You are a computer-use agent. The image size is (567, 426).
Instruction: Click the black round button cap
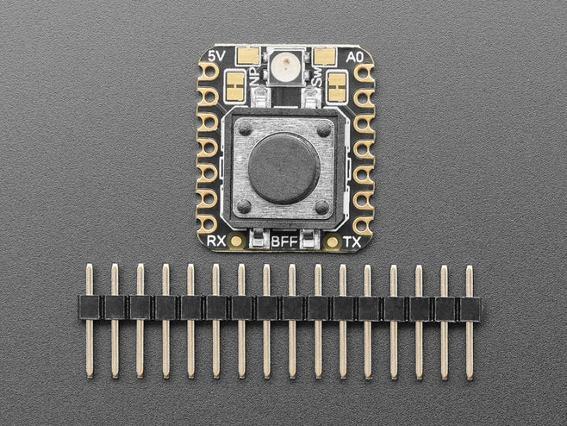283,169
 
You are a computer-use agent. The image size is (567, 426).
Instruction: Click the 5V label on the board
217,56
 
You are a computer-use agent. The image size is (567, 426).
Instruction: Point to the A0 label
354,57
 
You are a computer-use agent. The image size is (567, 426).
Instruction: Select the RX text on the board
216,241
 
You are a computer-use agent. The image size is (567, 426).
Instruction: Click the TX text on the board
352,241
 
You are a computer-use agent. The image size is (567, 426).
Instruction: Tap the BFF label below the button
284,241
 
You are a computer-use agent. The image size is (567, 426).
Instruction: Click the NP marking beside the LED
257,77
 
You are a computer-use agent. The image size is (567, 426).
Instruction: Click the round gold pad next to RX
236,241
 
